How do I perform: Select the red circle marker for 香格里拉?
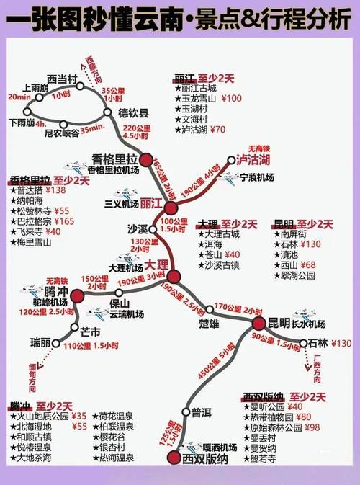(147, 160)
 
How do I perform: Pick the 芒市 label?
(90, 334)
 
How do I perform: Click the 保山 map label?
(119, 303)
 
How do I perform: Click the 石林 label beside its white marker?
(317, 344)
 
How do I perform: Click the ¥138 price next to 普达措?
(55, 190)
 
